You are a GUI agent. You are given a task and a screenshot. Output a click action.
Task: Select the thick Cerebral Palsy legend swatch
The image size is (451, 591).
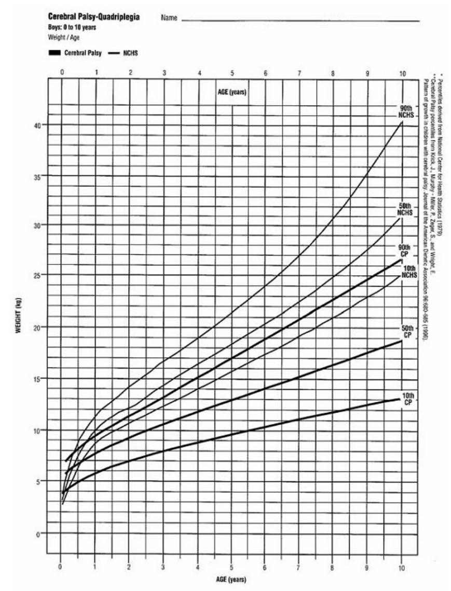tap(54, 53)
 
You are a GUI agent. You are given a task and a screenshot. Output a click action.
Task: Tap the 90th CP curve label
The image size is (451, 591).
tap(404, 250)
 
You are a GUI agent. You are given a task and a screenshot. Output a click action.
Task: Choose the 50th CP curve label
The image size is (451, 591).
tap(407, 331)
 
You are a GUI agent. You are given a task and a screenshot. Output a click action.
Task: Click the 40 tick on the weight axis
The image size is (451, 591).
tap(38, 125)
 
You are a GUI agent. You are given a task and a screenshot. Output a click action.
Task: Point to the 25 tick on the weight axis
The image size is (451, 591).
tap(38, 275)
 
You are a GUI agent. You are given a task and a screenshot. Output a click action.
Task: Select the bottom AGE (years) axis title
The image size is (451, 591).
tap(231, 580)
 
